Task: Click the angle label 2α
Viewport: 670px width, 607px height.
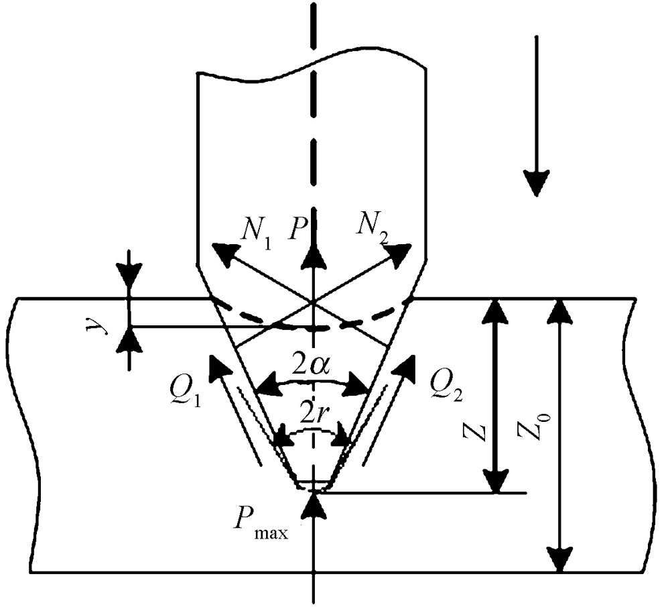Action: coord(313,366)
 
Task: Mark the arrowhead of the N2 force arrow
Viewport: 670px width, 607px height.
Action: coord(403,252)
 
